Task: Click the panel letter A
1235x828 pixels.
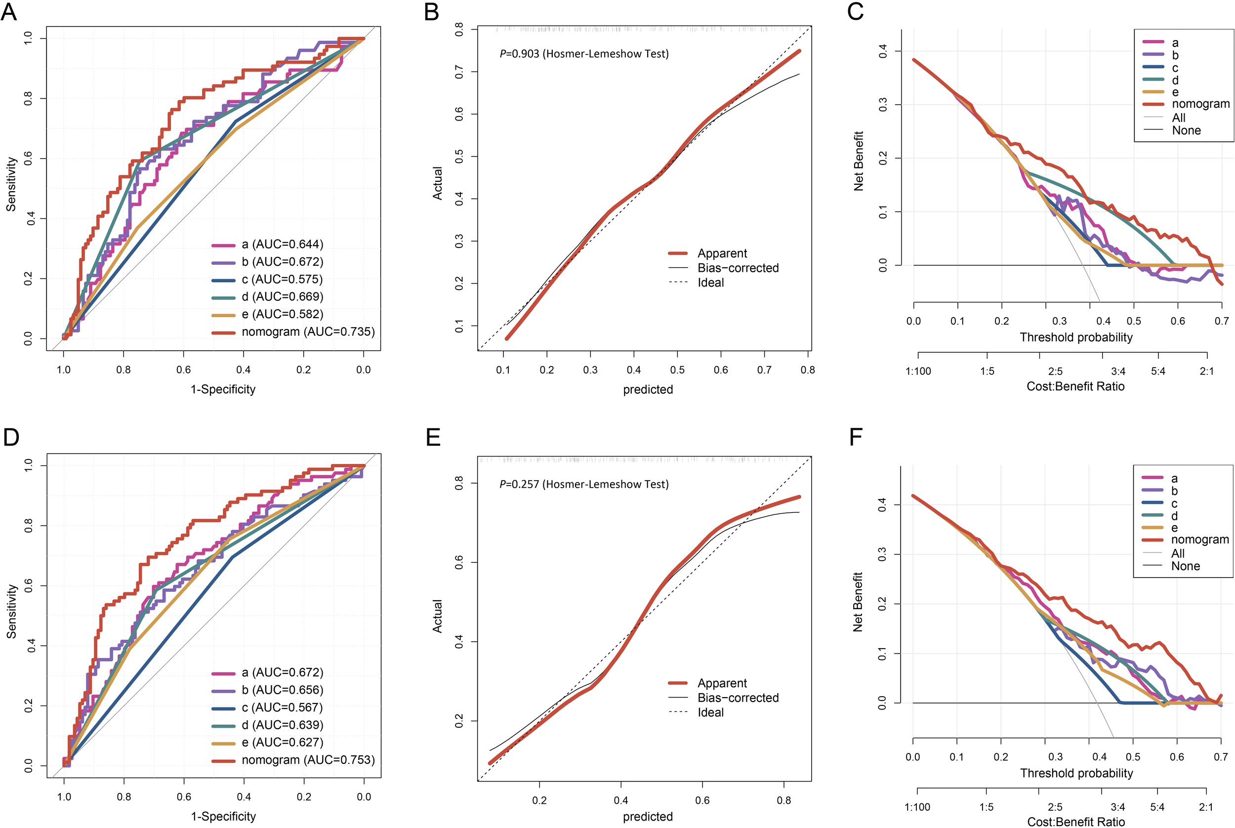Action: click(9, 12)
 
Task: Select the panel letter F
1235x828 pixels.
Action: click(856, 438)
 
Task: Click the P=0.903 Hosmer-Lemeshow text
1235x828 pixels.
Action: click(584, 54)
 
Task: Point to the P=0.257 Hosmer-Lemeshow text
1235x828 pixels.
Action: click(584, 484)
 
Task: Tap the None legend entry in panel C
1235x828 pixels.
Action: click(1186, 130)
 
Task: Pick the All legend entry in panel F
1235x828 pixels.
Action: click(1177, 553)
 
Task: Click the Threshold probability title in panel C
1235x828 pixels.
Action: click(1075, 337)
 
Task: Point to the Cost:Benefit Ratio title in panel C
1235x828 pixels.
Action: click(1075, 386)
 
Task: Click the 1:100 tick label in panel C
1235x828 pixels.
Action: click(918, 371)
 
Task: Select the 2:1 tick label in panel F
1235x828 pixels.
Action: click(1205, 807)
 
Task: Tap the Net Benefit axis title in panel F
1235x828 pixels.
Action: click(858, 602)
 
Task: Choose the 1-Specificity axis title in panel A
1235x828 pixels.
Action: click(223, 389)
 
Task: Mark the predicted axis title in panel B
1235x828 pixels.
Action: click(648, 390)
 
